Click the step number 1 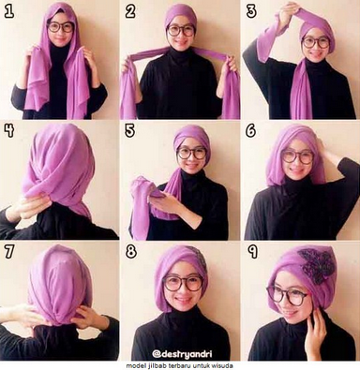click(x=9, y=11)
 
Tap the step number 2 click(x=130, y=11)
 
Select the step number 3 click(x=251, y=11)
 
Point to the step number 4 click(x=9, y=130)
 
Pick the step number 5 click(x=129, y=130)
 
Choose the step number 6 click(x=251, y=130)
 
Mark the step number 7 click(x=9, y=251)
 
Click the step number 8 click(x=131, y=251)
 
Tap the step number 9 click(x=252, y=251)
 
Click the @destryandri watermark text click(x=182, y=354)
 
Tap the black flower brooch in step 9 click(x=316, y=266)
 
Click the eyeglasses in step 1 click(x=61, y=27)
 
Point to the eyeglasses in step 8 click(x=183, y=283)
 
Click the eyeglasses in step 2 click(x=181, y=31)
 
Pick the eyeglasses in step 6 click(x=297, y=157)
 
